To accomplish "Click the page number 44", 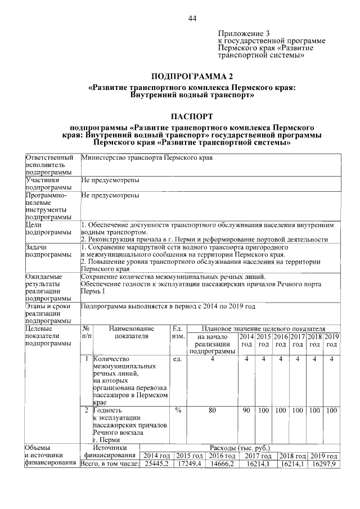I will pos(192,19).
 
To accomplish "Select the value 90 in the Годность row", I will pos(246,411).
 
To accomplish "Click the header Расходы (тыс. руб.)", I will pos(240,448).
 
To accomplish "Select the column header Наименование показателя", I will pos(131,332).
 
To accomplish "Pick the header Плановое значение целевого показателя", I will pos(263,328).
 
